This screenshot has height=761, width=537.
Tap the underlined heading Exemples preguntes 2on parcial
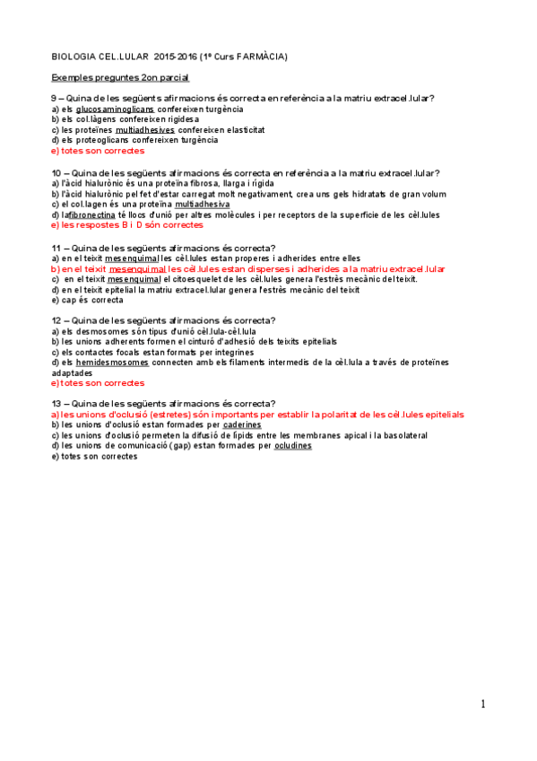tap(119, 78)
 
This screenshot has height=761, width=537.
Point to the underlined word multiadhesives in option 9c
tap(145, 129)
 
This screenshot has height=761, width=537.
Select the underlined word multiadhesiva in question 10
tap(204, 205)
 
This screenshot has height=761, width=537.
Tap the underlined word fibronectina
tap(91, 215)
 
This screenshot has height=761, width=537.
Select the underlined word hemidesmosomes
tap(113, 363)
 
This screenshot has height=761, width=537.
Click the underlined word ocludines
tap(293, 446)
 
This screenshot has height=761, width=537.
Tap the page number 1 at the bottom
tap(483, 704)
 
